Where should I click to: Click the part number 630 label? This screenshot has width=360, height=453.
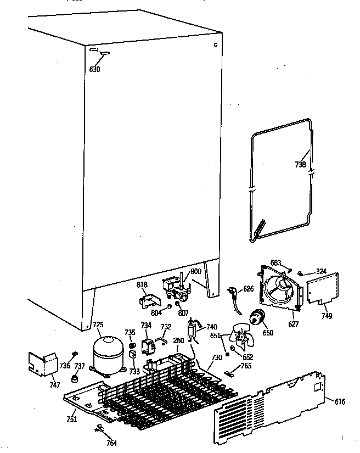coord(94,69)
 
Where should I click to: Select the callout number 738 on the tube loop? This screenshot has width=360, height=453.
coord(301,164)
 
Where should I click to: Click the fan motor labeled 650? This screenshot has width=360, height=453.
coord(256,318)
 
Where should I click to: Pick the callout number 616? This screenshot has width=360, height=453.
coord(340,402)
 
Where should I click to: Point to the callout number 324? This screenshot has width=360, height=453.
coord(320,271)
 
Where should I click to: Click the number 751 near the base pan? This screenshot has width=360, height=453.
coord(72,420)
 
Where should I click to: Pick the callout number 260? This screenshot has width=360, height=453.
coord(179,340)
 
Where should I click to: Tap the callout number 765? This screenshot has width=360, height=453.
coord(246,366)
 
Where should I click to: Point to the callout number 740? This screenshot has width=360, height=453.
coord(211,326)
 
